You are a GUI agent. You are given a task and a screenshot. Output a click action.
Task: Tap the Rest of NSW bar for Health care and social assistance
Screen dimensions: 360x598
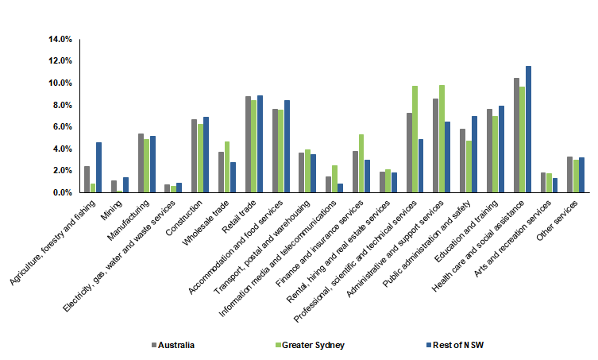click(528, 130)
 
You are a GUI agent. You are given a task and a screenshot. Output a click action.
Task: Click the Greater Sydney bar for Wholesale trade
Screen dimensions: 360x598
click(227, 167)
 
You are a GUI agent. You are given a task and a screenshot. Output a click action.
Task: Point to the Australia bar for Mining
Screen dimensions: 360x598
click(114, 187)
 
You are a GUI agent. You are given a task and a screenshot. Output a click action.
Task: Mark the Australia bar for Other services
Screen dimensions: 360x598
click(569, 175)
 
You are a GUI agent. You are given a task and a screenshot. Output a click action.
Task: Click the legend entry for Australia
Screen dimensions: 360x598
click(174, 344)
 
